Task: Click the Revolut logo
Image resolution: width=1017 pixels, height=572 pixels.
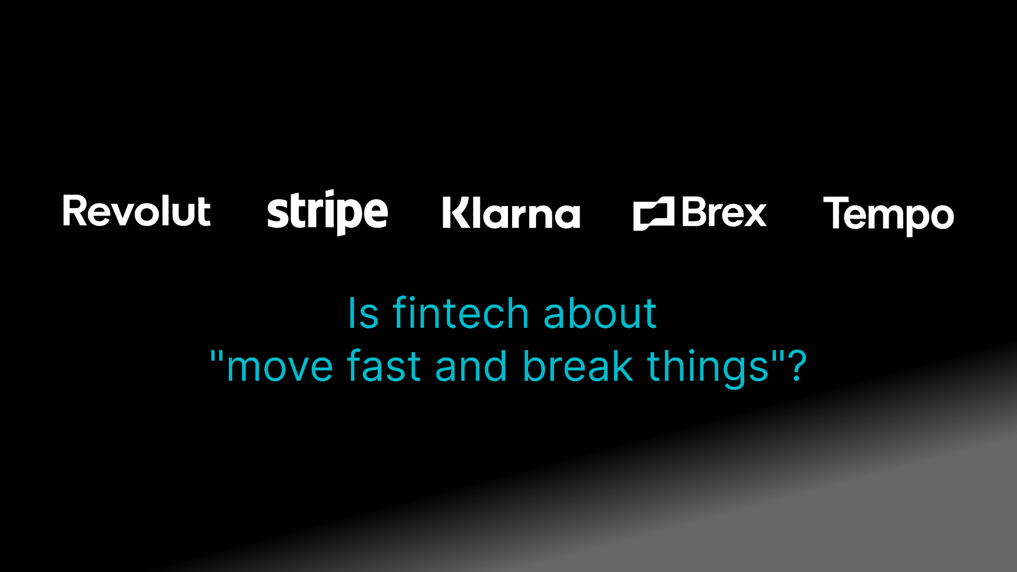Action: [x=137, y=211]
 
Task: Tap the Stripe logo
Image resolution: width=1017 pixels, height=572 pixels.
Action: [x=327, y=212]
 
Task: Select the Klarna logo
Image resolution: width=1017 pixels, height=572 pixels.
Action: [x=511, y=213]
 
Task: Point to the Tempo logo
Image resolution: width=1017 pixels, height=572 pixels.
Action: [x=888, y=215]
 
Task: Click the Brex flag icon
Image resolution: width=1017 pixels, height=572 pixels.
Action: [x=654, y=213]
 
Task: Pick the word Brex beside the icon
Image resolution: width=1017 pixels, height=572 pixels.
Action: [x=724, y=212]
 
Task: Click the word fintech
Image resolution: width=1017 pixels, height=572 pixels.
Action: [x=460, y=314]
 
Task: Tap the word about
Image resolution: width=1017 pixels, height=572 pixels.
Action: [x=600, y=314]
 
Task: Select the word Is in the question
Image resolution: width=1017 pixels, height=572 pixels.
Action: [x=363, y=314]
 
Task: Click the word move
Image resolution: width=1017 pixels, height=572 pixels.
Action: [x=280, y=367]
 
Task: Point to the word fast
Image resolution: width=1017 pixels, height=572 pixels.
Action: [x=384, y=367]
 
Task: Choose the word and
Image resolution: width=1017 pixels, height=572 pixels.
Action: [x=471, y=367]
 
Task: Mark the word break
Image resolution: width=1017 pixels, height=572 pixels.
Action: [x=578, y=367]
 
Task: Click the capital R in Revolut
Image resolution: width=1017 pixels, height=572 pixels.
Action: [x=75, y=211]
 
